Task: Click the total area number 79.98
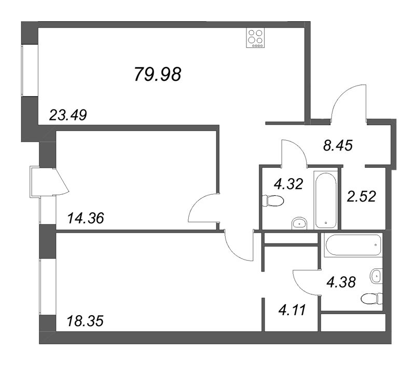[158, 75]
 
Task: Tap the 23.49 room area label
[67, 115]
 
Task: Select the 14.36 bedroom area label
[86, 218]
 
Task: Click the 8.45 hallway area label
[338, 146]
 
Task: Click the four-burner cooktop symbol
[255, 38]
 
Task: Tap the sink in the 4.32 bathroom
[299, 223]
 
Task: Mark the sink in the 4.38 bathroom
[376, 276]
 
